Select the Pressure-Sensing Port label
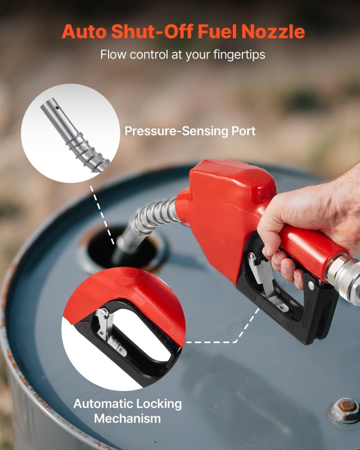click(x=190, y=132)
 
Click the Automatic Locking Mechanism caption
click(x=128, y=411)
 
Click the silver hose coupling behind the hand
click(x=345, y=276)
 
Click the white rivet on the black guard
click(x=310, y=286)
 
